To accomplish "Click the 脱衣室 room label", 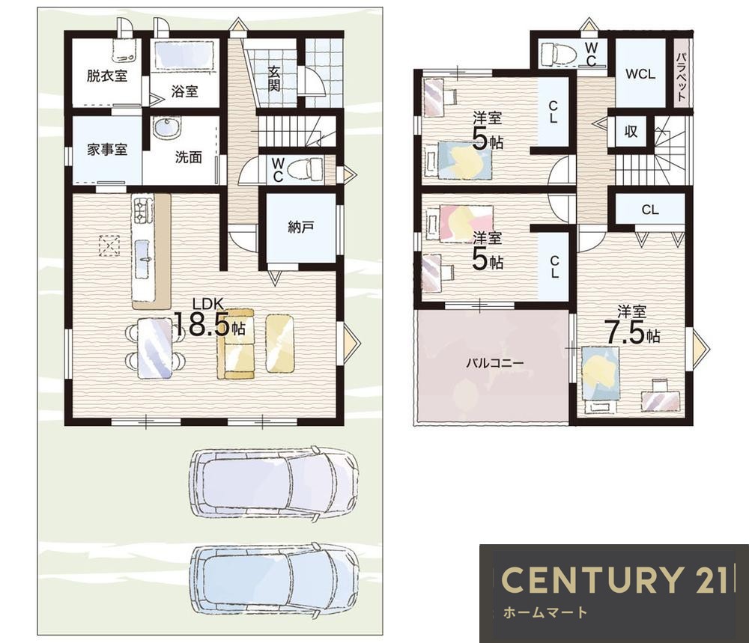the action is coord(107,76).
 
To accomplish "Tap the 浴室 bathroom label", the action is coord(184,91).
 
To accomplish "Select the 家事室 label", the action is coord(107,150).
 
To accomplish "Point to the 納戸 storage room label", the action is coord(301,228).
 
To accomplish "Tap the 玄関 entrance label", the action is coord(274,79).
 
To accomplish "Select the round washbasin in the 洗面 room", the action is coord(167,128).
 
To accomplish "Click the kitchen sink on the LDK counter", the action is coord(143,259).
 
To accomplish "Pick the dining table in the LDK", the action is coord(154,348).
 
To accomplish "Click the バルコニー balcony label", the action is coord(495,363).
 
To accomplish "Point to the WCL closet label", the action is coord(640,74).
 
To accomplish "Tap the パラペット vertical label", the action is coord(682,76).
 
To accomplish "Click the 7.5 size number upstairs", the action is coord(625,332).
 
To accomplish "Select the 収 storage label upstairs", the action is coord(631,131).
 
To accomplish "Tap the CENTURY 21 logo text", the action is coord(614,579).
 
